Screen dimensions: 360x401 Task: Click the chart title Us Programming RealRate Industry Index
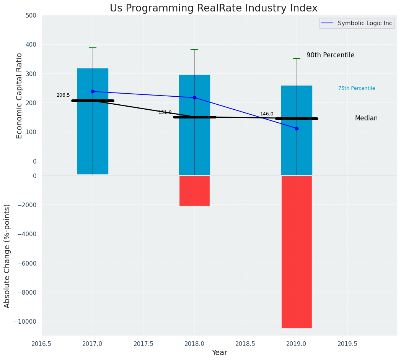pos(214,8)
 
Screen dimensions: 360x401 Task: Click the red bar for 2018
pos(194,191)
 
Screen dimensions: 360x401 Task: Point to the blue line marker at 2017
pos(93,92)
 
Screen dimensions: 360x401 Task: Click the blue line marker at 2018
pos(194,98)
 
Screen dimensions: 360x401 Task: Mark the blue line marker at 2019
pos(297,128)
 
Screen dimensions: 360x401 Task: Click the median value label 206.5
pos(63,95)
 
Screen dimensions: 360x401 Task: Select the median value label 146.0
pos(267,114)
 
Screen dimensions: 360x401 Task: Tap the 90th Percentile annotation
pos(330,55)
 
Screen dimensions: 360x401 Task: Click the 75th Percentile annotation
pos(357,88)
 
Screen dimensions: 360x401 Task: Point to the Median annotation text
pos(366,118)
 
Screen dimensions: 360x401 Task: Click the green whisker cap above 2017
pos(93,48)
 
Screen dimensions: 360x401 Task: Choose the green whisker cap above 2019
pos(297,58)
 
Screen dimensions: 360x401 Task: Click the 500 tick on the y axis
pos(32,16)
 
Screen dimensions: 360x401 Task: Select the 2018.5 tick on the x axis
pos(245,344)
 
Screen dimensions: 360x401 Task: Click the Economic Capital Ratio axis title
pos(20,96)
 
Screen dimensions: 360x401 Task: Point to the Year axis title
pos(219,353)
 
